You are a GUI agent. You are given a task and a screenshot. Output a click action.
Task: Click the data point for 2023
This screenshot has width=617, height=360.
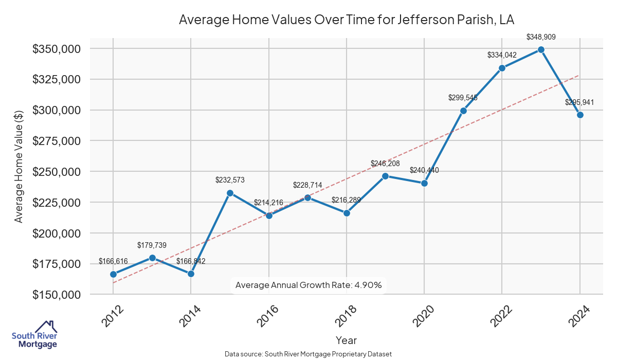click(x=541, y=49)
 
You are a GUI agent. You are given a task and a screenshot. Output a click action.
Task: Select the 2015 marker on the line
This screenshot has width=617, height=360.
click(x=230, y=193)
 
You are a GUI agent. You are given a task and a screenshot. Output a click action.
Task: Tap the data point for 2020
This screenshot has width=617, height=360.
click(x=424, y=183)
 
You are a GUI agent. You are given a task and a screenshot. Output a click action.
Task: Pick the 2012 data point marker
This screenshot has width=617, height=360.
click(x=113, y=274)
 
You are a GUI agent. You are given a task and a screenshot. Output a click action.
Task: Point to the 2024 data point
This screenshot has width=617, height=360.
click(x=580, y=115)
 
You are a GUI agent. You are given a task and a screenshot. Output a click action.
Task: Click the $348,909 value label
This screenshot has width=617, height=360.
click(x=541, y=37)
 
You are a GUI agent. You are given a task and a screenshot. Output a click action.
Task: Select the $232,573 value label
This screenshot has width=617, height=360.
click(x=230, y=180)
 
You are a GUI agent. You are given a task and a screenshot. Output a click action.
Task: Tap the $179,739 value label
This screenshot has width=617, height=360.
click(x=152, y=245)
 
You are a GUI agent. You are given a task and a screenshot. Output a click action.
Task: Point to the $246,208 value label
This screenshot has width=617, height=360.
click(x=385, y=164)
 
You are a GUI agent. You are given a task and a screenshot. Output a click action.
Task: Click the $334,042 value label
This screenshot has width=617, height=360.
click(x=502, y=55)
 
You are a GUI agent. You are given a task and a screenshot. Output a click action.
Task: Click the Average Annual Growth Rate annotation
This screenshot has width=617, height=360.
click(x=308, y=285)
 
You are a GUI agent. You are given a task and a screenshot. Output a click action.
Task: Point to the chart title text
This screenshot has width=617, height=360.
click(x=346, y=20)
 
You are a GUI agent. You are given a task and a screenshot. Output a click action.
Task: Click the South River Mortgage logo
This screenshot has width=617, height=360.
click(x=34, y=335)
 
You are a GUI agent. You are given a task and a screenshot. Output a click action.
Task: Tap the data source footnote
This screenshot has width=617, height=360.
click(x=308, y=354)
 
